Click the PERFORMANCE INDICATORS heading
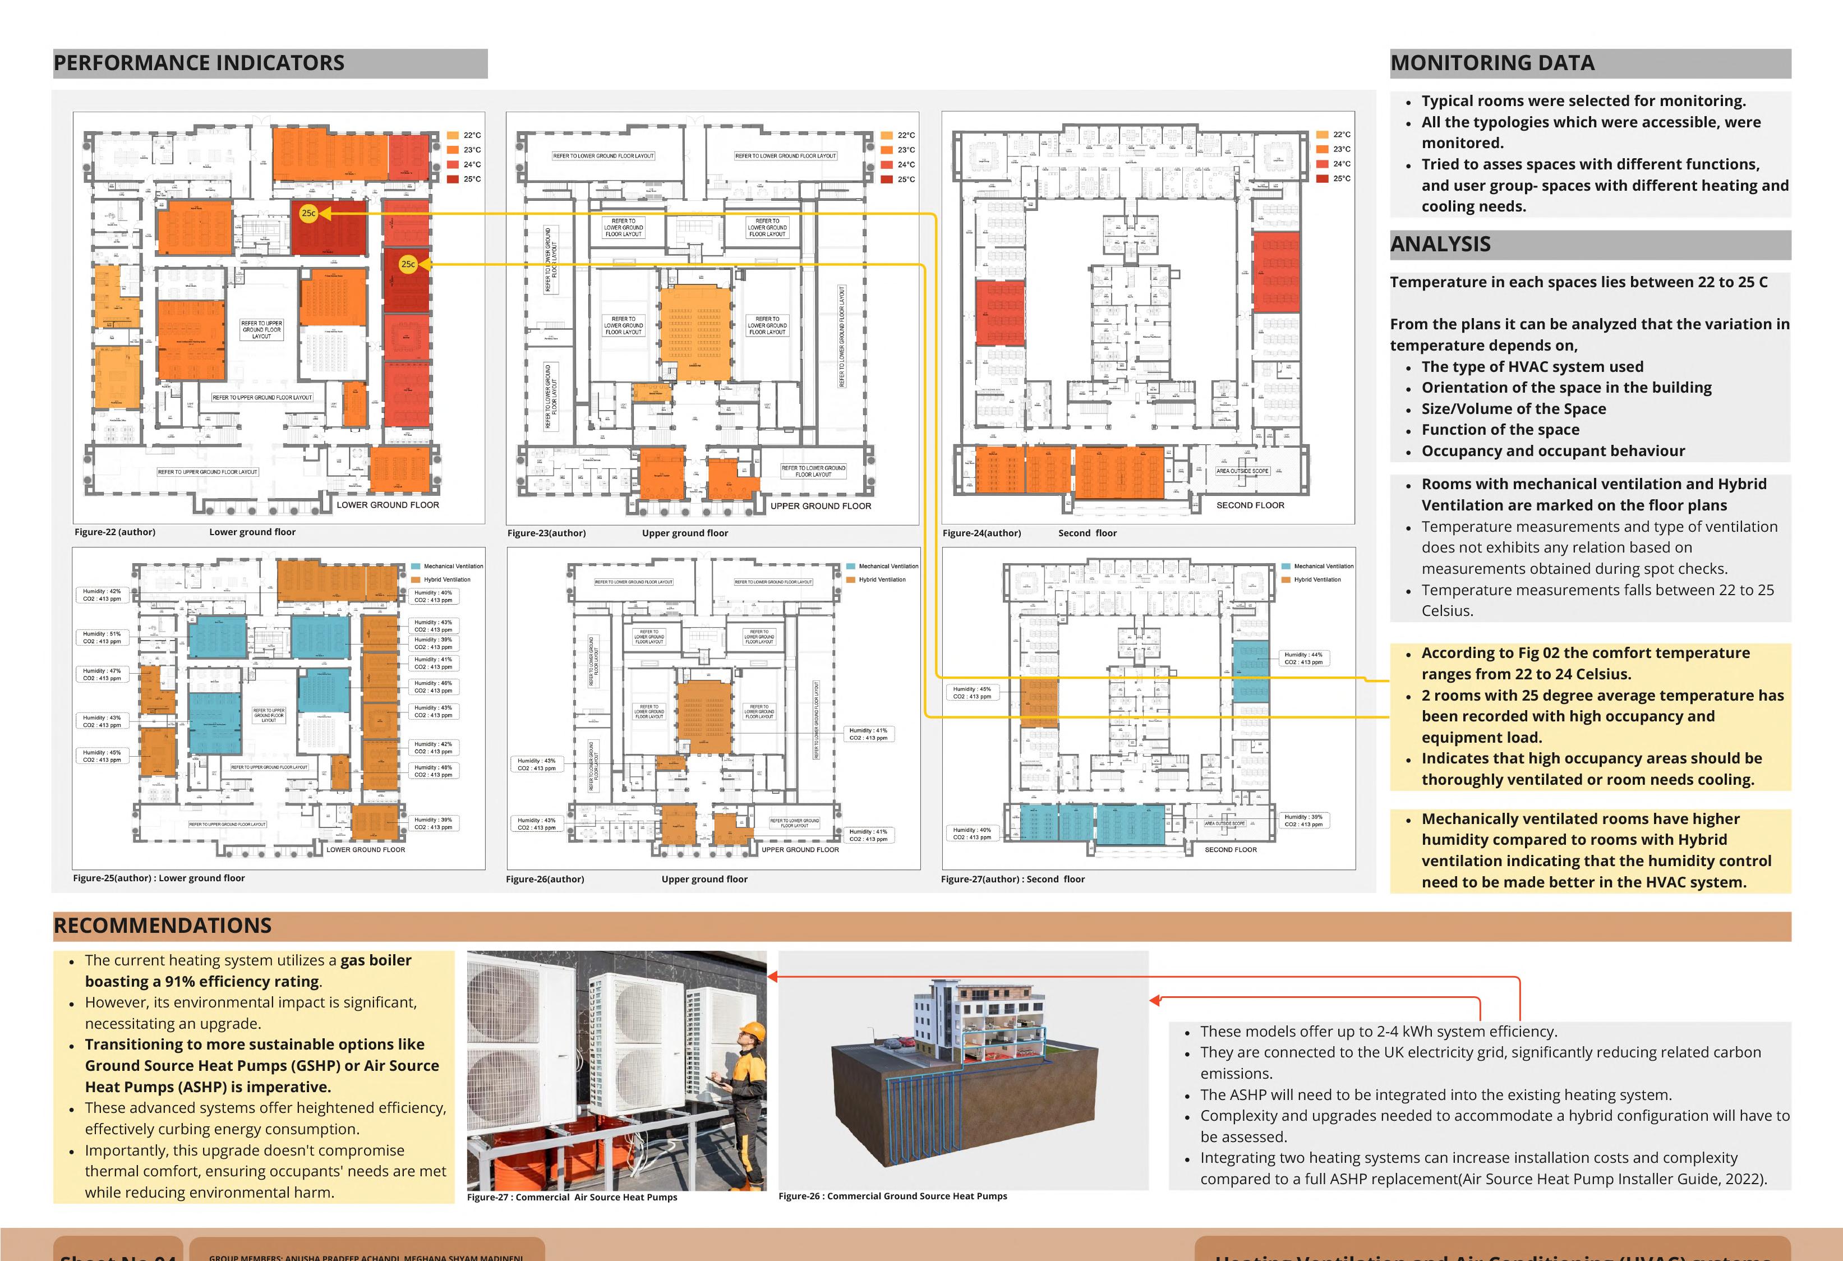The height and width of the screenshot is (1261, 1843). point(199,63)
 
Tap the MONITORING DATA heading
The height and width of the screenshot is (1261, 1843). point(1492,63)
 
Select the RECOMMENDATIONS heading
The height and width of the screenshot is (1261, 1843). point(163,926)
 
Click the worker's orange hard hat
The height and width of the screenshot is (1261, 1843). point(752,1031)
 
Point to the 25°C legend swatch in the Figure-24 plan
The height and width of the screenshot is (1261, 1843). point(1322,178)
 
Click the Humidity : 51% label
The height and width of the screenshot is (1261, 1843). point(102,634)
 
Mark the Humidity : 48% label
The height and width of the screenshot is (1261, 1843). point(433,768)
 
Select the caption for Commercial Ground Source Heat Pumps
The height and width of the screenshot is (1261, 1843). point(892,1196)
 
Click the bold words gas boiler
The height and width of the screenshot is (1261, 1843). point(375,960)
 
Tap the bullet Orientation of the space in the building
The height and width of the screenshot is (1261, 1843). point(1566,388)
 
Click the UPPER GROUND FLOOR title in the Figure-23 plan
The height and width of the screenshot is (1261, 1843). point(821,506)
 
